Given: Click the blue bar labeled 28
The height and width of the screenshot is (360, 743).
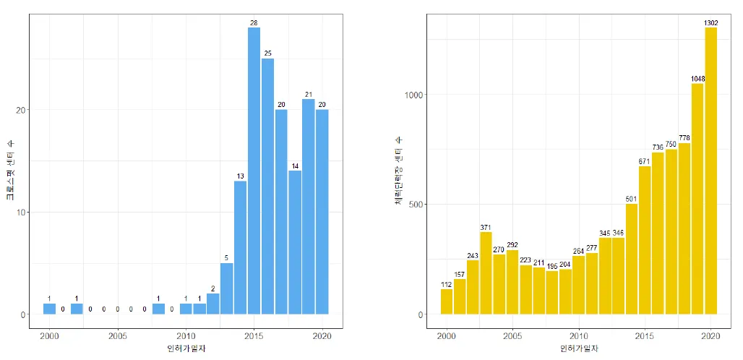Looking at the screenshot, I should point(254,171).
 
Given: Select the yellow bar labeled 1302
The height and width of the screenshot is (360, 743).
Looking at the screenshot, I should point(711,171).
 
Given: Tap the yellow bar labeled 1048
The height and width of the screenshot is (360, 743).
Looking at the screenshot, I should point(697,199).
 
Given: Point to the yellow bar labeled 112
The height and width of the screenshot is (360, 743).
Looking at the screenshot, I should point(446,301).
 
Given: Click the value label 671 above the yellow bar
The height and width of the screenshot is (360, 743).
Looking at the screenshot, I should point(645,160).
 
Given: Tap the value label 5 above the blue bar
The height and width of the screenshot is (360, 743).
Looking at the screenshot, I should point(226,257).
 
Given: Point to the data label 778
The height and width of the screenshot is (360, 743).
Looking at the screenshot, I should point(684,137).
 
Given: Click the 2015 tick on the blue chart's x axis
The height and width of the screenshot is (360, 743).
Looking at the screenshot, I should point(254,336).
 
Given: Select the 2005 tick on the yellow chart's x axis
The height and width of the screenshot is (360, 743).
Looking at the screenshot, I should point(512,336).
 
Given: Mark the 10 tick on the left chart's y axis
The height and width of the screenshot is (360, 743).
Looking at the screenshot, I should point(22,213).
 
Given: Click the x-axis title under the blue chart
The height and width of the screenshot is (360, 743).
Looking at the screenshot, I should point(185,350).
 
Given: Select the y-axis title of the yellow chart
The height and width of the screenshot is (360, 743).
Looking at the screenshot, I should point(399,170).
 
